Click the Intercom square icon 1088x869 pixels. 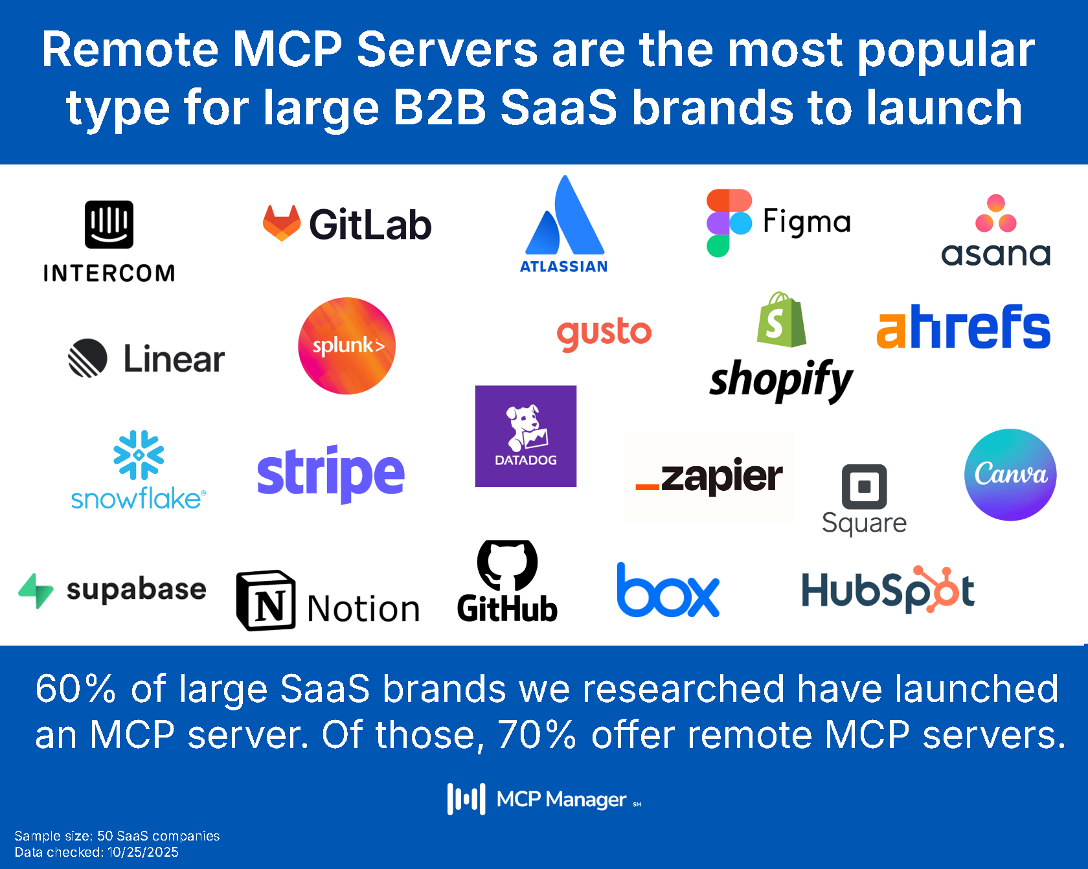(109, 224)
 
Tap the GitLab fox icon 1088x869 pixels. (282, 223)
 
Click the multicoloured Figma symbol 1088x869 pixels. (729, 223)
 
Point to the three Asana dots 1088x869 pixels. (995, 214)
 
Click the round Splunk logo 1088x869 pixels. (347, 346)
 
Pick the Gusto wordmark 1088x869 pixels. (604, 333)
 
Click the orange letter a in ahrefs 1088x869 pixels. (891, 330)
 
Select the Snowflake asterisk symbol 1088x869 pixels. (139, 455)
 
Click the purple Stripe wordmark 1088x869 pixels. (330, 473)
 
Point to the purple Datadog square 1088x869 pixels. (525, 436)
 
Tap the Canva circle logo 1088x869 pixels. (1010, 475)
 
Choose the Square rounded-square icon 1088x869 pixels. (864, 486)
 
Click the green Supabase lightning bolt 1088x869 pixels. (36, 590)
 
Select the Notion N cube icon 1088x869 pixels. (266, 600)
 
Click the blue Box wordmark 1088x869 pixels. (668, 591)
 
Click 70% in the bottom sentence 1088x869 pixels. (536, 735)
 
